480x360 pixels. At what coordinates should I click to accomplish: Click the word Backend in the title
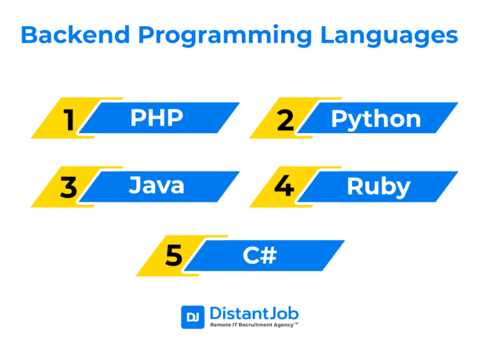click(x=75, y=34)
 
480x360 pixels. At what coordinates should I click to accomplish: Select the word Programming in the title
click(x=225, y=36)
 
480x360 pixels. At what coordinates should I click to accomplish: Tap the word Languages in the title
click(x=389, y=36)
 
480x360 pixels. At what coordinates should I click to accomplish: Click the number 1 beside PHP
click(x=69, y=120)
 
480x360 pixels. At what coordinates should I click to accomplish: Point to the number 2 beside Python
click(x=285, y=120)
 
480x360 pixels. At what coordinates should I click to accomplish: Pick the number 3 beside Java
click(x=69, y=187)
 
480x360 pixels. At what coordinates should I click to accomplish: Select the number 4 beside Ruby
click(x=284, y=186)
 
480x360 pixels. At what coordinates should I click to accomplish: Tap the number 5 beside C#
click(x=174, y=255)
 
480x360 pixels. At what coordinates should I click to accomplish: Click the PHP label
click(x=157, y=117)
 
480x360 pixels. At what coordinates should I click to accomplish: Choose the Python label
click(x=376, y=120)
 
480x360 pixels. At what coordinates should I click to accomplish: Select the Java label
click(x=157, y=185)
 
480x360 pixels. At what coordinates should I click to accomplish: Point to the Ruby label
click(x=379, y=187)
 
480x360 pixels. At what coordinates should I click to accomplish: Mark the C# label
click(x=260, y=255)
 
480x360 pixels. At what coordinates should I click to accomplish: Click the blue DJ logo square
click(x=192, y=317)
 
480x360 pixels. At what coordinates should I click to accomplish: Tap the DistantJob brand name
click(x=254, y=314)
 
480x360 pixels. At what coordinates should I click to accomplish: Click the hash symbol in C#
click(x=269, y=255)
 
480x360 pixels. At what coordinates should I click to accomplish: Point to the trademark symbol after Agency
click(x=296, y=324)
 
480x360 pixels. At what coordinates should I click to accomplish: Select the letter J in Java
click(x=135, y=185)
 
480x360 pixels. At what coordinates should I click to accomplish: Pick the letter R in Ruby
click(x=354, y=186)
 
